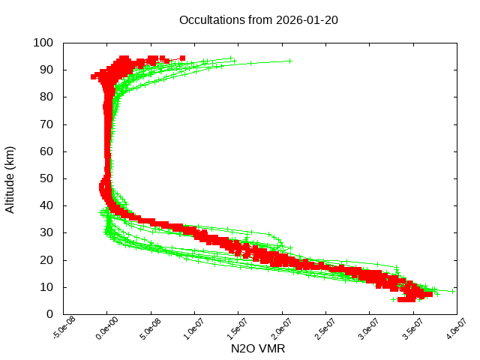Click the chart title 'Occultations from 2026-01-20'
coord(259,20)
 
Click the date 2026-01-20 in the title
coord(308,20)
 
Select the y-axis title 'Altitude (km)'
coord(10,178)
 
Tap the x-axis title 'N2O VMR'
coord(258,349)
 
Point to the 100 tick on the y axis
coord(43,43)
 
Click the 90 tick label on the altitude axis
coord(46,70)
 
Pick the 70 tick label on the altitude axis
coord(46,124)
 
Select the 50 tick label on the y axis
coord(46,178)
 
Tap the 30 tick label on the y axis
coord(46,232)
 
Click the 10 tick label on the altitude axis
coord(46,287)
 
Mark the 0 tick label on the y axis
coord(49,314)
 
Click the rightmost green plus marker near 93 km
coord(289,61)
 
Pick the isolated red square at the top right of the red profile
coord(182,58)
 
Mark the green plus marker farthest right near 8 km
coord(453,291)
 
